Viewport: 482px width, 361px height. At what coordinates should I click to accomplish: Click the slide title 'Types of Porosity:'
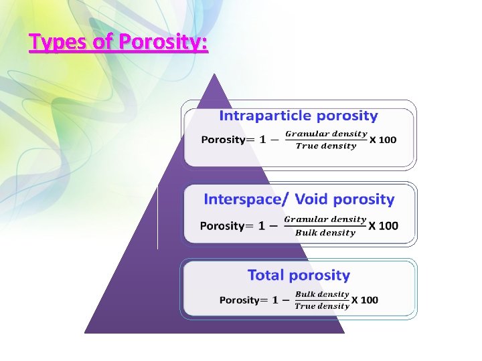pos(118,43)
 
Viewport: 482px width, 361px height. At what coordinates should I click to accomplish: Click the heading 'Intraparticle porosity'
pos(299,116)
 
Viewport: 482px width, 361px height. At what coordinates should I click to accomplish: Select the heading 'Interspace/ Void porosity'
pos(299,199)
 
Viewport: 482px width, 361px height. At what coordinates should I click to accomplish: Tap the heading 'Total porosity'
pos(299,275)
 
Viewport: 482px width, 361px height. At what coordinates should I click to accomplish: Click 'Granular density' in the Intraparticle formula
pos(326,134)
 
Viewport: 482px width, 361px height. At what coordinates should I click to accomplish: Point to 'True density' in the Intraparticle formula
pos(326,146)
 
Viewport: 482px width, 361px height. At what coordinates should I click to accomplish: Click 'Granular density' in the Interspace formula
pos(325,219)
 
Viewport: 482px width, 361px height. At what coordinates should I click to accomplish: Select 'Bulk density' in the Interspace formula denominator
pos(325,233)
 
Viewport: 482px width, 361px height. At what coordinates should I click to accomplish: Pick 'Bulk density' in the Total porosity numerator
pos(322,294)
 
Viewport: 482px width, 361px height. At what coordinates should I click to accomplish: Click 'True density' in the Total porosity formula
pos(322,306)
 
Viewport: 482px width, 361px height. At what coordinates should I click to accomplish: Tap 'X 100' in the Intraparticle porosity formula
pos(383,140)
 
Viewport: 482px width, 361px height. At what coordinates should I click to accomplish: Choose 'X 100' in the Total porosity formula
pos(365,300)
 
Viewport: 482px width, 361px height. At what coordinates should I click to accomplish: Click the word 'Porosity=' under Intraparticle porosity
pos(224,140)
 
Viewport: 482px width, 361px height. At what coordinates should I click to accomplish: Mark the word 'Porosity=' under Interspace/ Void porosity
pos(222,226)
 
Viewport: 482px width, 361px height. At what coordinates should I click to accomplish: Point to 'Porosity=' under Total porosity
pos(240,300)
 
